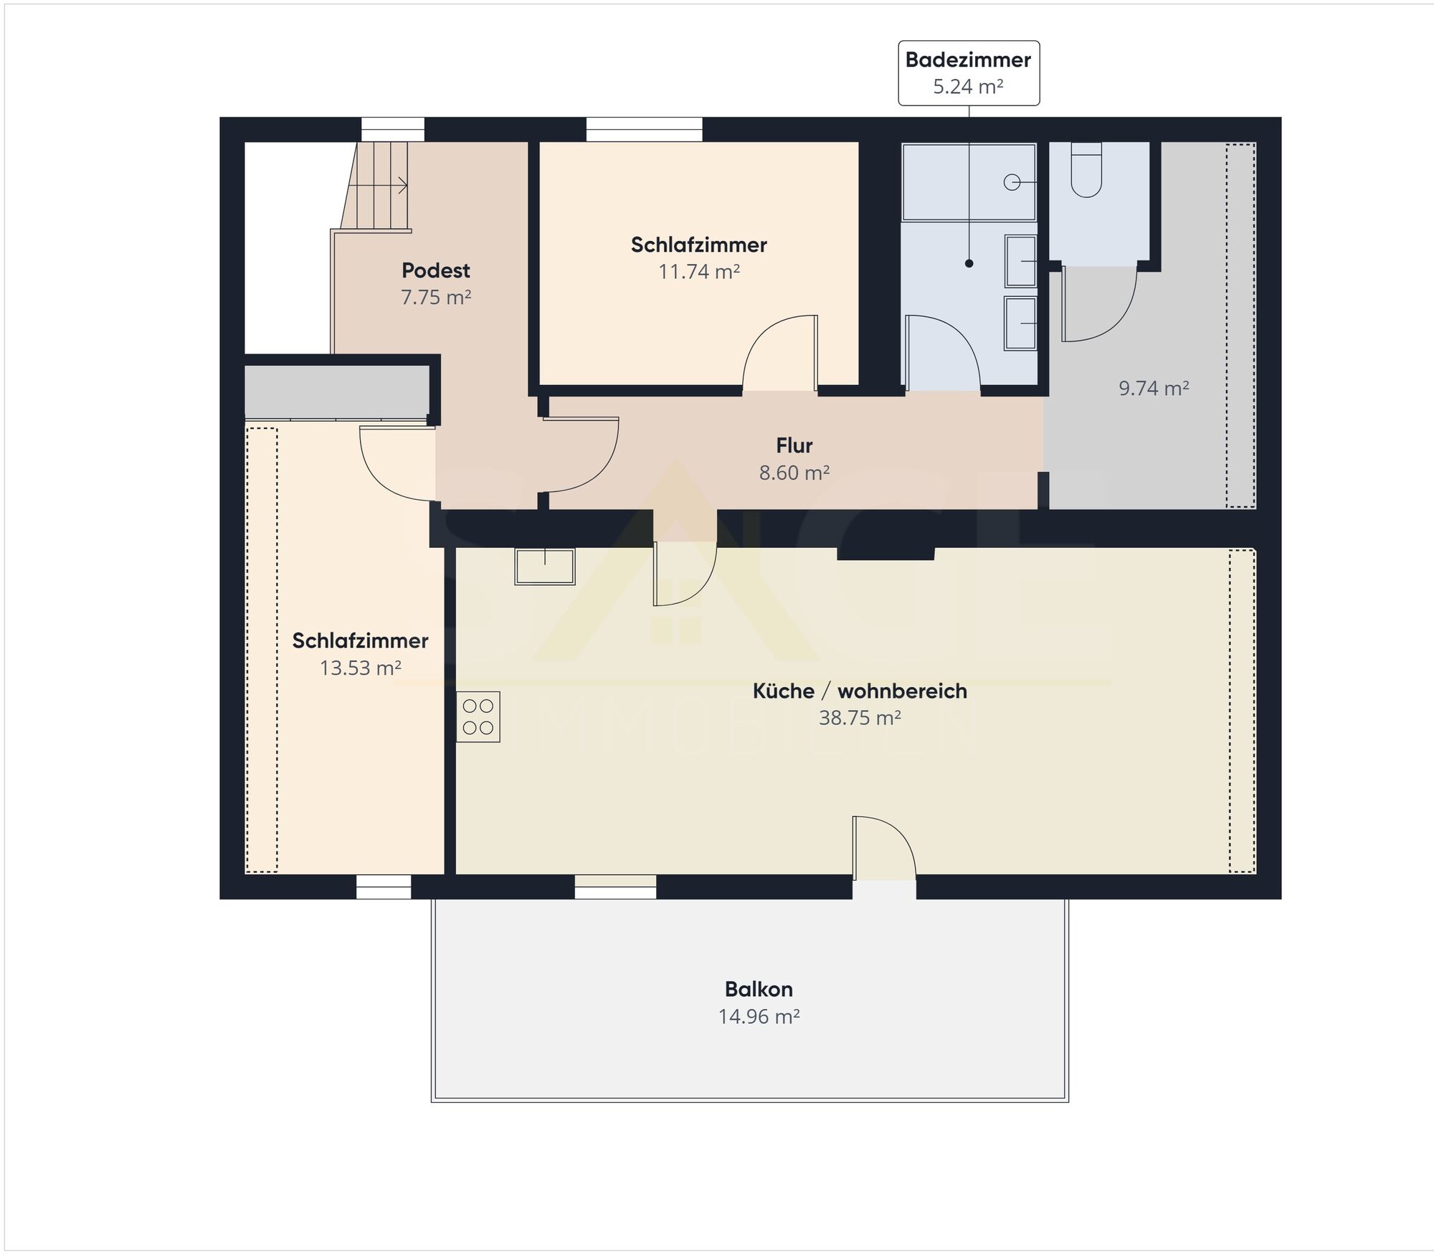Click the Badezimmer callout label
pos(968,73)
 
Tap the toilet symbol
pos(1086,169)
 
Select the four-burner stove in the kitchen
pos(478,716)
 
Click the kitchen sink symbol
pos(545,567)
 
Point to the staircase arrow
pos(379,185)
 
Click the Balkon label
pos(759,989)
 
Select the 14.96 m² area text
pos(759,1016)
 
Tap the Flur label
pos(794,445)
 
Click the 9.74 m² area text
pos(1154,388)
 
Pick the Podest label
pos(436,270)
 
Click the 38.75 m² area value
pos(860,717)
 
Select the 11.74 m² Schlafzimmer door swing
pos(779,353)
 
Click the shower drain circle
pos(1012,182)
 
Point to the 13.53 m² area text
pos(360,668)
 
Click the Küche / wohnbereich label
pos(860,691)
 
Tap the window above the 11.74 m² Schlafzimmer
pos(644,130)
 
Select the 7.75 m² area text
pos(436,297)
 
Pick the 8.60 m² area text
pos(794,473)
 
